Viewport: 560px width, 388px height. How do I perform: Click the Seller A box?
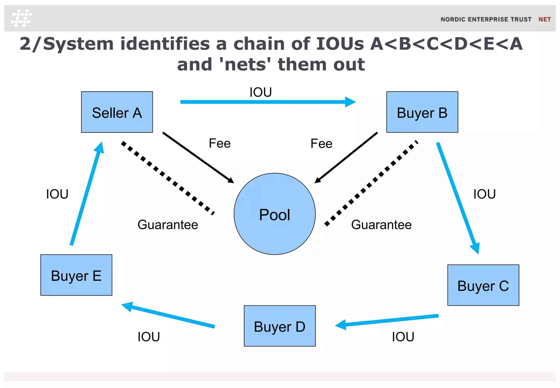coord(117,112)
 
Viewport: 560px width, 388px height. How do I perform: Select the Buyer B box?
coord(422,112)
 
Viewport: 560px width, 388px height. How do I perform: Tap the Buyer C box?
coord(483,285)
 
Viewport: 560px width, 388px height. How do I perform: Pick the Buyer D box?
coord(279,326)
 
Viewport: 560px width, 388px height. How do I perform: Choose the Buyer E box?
coord(76,275)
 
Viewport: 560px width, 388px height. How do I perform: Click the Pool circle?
coord(275,214)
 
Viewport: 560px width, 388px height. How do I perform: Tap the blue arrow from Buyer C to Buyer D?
coord(388,321)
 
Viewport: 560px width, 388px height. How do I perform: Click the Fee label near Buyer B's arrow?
coord(321,144)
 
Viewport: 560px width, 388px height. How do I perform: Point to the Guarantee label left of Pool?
coord(168,225)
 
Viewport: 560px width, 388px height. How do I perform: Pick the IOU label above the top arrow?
coord(261,92)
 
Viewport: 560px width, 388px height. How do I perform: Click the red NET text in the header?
coord(544,19)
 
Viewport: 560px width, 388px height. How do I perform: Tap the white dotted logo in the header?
coord(21,18)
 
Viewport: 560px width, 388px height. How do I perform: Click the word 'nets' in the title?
coord(245,65)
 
